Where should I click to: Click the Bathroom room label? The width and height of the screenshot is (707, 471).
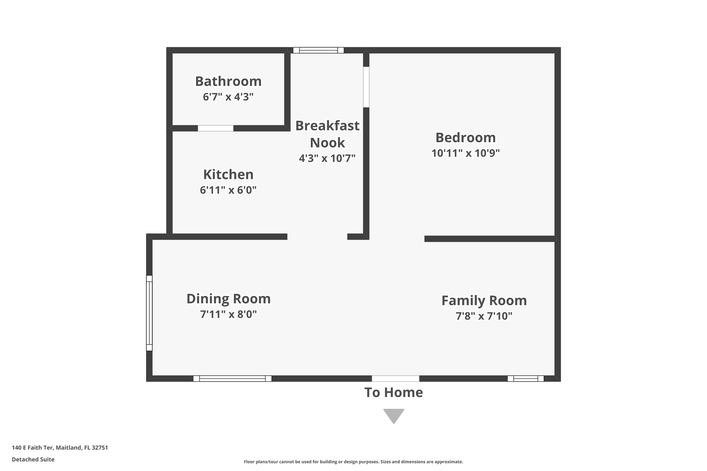click(x=228, y=81)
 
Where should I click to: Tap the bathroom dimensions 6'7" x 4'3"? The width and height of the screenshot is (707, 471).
click(x=228, y=97)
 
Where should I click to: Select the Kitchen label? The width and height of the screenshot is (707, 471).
click(x=228, y=175)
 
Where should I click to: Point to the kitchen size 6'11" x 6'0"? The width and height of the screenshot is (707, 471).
click(x=228, y=190)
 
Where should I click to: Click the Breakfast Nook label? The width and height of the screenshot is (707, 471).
click(x=327, y=134)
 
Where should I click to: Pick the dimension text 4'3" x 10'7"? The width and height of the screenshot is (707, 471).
click(x=327, y=158)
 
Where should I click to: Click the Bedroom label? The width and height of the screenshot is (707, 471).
click(x=465, y=138)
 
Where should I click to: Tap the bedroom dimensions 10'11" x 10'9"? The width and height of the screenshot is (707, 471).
click(x=465, y=153)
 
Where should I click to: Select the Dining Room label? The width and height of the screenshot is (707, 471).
click(x=228, y=299)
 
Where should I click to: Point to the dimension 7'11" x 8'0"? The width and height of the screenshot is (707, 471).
click(x=228, y=314)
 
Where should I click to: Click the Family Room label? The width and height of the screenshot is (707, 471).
click(x=484, y=301)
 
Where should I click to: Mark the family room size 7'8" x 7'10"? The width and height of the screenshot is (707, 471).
click(x=484, y=316)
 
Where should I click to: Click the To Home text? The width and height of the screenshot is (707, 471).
click(x=394, y=393)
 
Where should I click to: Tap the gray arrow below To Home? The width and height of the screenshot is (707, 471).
click(x=394, y=415)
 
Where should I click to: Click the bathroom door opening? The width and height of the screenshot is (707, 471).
click(x=215, y=128)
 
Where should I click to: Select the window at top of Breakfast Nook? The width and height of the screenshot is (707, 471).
click(x=318, y=50)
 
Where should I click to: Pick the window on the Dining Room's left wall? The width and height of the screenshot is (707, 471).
click(x=149, y=313)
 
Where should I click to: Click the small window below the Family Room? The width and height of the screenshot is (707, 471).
click(x=525, y=379)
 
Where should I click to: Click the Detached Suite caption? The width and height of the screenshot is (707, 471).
click(x=33, y=460)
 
